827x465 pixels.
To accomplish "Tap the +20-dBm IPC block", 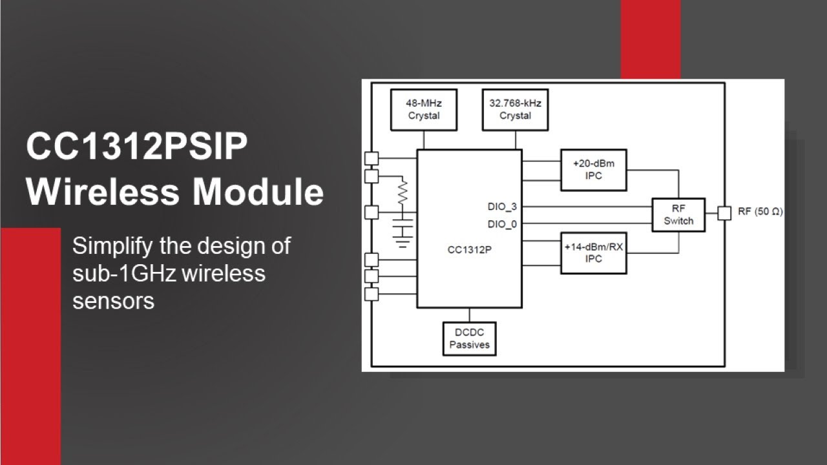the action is click(x=593, y=170).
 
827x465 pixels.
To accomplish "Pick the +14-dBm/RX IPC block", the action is click(x=593, y=253).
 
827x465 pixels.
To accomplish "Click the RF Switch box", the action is click(x=678, y=214).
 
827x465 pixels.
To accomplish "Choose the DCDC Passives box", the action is click(x=469, y=338).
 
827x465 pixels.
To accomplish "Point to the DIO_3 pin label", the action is click(x=502, y=207).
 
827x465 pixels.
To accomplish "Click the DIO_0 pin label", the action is click(x=502, y=224).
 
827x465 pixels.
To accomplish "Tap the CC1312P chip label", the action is click(x=469, y=249).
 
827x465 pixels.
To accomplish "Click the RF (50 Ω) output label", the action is click(x=760, y=212).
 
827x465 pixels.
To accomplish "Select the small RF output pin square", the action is click(x=724, y=212).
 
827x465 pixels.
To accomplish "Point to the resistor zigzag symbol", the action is click(x=403, y=192).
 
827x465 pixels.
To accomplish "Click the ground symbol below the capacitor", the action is click(x=403, y=243).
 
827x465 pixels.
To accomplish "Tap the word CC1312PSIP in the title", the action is click(x=136, y=148).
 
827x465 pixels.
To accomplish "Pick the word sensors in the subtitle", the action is click(x=113, y=300).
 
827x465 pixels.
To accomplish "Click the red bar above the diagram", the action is click(x=650, y=39).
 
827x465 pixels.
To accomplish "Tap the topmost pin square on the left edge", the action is click(x=372, y=158).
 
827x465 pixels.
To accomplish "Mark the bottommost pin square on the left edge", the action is click(x=372, y=294).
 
